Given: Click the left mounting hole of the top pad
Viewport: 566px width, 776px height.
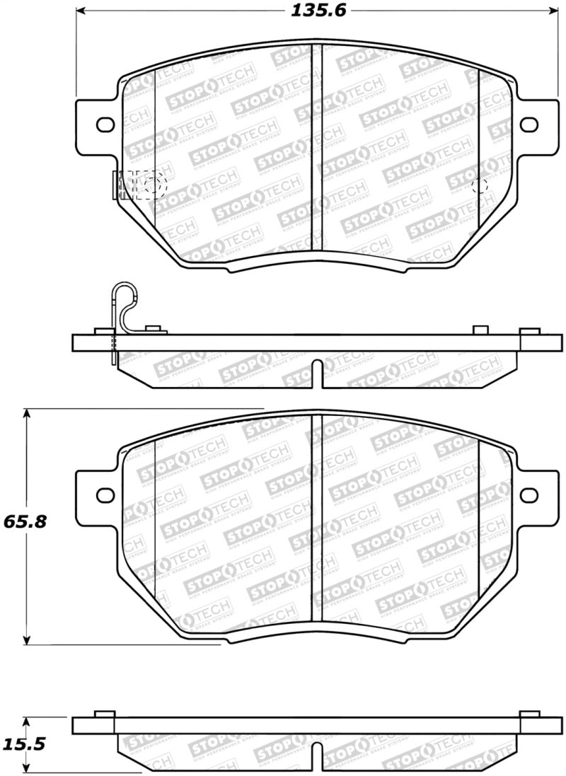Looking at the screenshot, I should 105,124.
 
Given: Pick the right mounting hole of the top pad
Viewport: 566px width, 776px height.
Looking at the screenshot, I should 529,124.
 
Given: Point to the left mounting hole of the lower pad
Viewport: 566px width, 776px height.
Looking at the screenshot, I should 105,494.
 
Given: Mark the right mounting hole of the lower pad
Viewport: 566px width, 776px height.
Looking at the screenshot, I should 529,494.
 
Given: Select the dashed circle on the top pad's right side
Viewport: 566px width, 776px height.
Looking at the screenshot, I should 480,186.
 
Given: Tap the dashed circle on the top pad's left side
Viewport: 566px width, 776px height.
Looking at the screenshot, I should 150,186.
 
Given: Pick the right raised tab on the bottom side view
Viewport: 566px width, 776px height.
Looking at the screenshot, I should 529,713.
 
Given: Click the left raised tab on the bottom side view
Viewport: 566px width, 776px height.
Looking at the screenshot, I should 105,713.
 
